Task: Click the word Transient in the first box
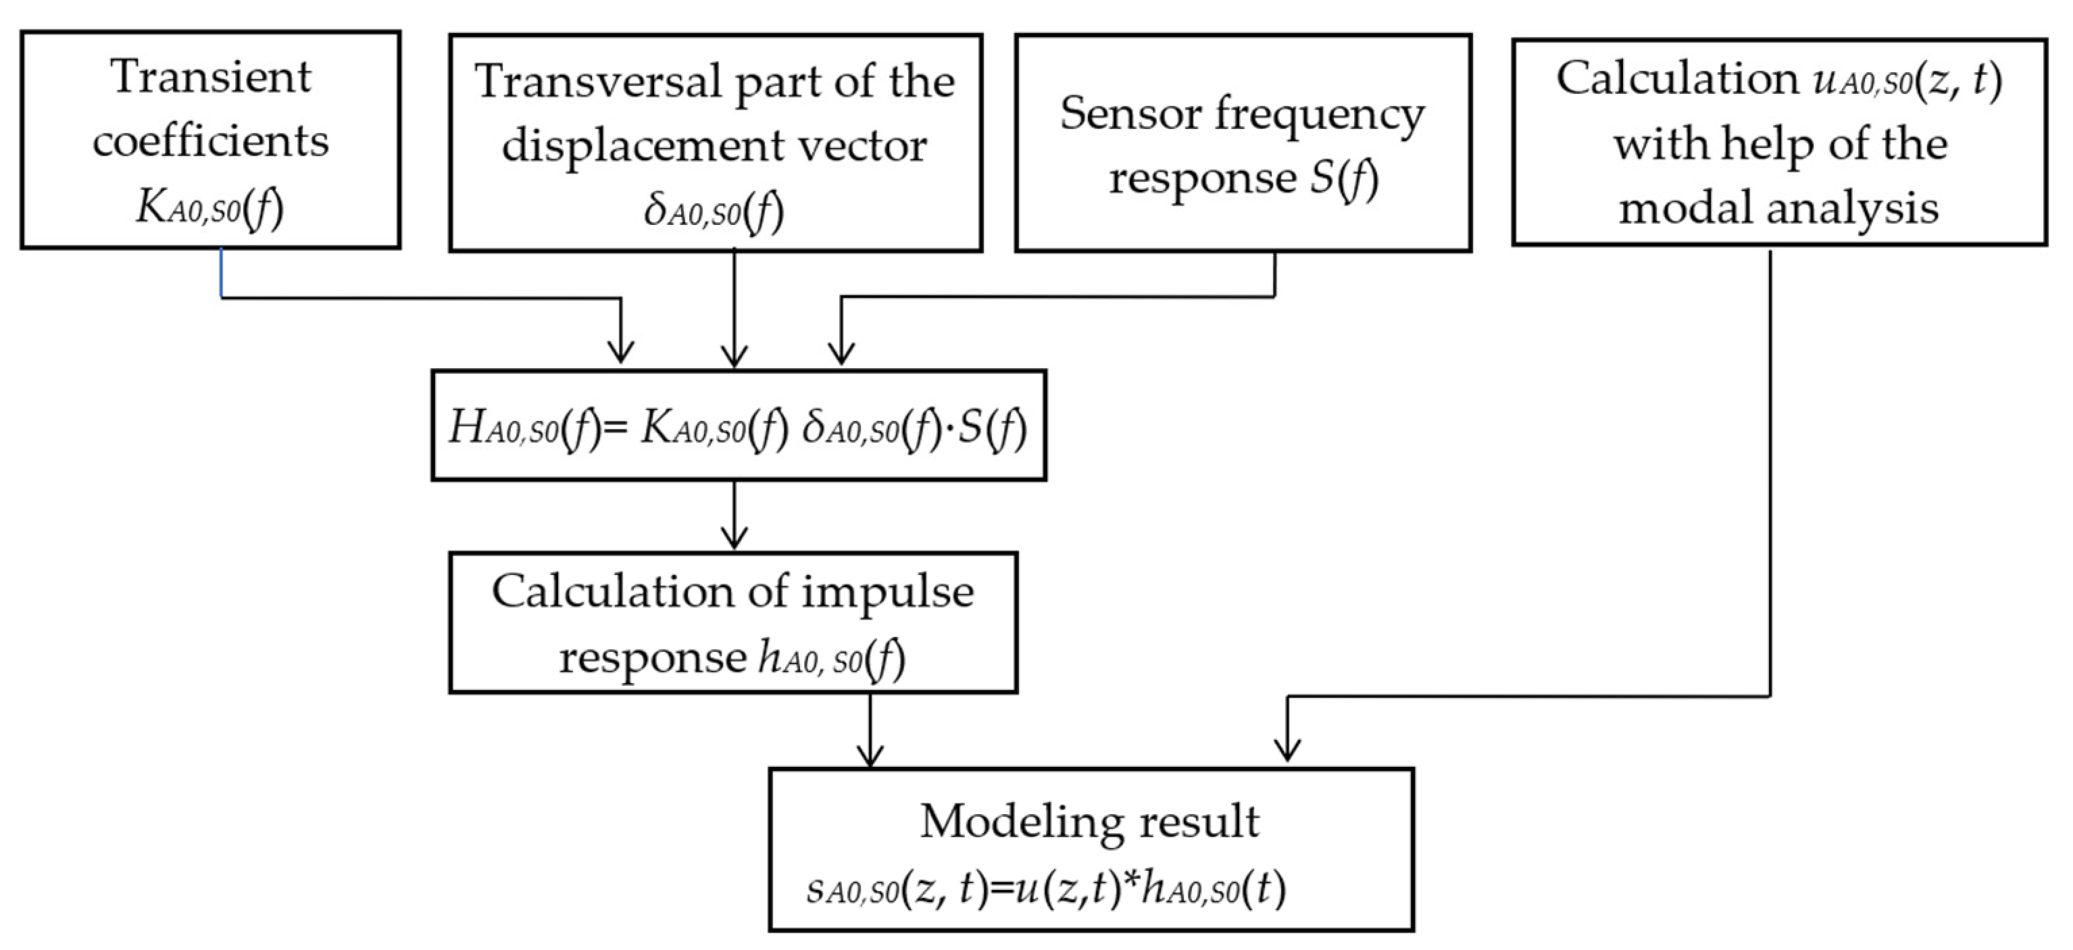(x=211, y=78)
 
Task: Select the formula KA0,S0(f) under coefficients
(x=210, y=208)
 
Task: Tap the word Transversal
(x=599, y=82)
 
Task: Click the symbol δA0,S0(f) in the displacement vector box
(x=713, y=212)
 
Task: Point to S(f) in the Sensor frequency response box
(x=1343, y=178)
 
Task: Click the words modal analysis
(x=1778, y=208)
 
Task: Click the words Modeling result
(x=1090, y=822)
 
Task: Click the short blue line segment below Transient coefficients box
(x=222, y=273)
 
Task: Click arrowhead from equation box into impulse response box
(x=734, y=537)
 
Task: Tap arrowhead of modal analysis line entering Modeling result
(x=1288, y=750)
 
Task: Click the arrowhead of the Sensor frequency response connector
(x=841, y=354)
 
